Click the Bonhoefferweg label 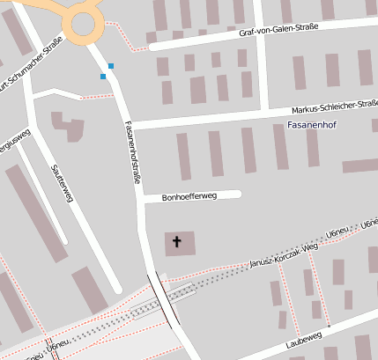tap(189, 197)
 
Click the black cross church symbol tap(176, 241)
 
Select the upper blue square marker tap(111, 66)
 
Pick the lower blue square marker tap(103, 77)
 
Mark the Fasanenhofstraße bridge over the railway tap(165, 298)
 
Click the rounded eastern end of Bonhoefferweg tap(237, 195)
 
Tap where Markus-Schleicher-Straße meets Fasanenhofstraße tap(132, 124)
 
